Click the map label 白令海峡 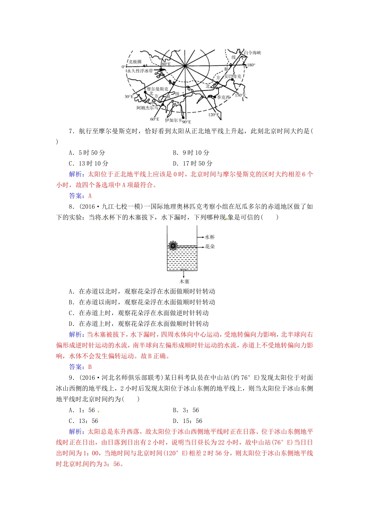[x=252, y=53]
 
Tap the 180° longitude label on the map [x=251, y=65]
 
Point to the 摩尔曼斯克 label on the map [x=157, y=89]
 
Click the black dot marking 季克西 [x=213, y=96]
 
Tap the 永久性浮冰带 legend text [x=140, y=71]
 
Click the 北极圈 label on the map [x=135, y=61]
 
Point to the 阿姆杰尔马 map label [x=147, y=108]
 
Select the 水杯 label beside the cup [x=210, y=237]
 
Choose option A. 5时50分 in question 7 [x=87, y=153]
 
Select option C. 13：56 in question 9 [x=84, y=421]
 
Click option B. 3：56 [x=186, y=410]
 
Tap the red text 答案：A [x=80, y=196]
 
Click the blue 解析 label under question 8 [x=76, y=334]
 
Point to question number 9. [x=71, y=378]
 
